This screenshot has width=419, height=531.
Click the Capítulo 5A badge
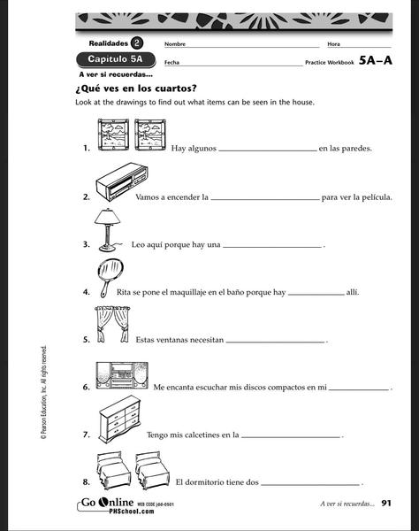point(116,59)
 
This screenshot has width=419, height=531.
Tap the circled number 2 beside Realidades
point(137,43)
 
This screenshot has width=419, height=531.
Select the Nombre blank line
point(253,47)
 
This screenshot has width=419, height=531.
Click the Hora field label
point(333,44)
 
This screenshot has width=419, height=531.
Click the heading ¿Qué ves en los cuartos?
point(135,88)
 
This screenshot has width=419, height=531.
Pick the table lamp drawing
point(107,230)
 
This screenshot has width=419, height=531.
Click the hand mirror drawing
point(110,278)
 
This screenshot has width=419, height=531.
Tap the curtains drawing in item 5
point(112,324)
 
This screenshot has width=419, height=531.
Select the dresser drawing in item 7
point(119,419)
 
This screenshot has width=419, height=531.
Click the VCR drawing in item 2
point(121,182)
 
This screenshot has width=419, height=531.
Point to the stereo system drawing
point(122,375)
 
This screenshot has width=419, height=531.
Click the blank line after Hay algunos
point(268,151)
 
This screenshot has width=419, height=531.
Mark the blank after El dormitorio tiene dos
point(310,485)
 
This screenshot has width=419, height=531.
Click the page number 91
point(386,504)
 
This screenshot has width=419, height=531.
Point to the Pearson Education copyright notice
point(43,392)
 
